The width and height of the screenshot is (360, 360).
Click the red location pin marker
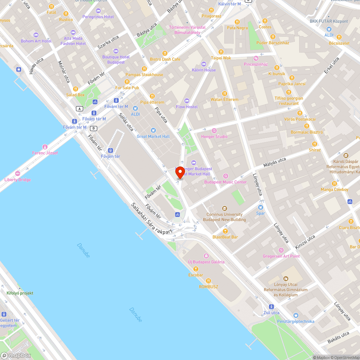tap(180, 172)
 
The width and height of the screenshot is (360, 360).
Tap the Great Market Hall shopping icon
tap(153, 130)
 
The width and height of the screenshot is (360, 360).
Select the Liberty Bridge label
tap(18, 180)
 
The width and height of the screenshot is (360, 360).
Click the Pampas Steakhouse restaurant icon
tap(144, 68)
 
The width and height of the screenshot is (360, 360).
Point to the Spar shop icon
tap(261, 207)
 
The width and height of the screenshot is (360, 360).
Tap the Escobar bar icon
tap(195, 269)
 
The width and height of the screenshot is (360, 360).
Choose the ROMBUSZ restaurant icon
tap(208, 281)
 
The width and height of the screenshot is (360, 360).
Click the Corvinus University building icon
tap(225, 208)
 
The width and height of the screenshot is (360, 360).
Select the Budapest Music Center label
tap(225, 182)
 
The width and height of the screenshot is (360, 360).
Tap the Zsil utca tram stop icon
tap(271, 307)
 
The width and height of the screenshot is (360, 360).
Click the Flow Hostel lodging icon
tap(186, 101)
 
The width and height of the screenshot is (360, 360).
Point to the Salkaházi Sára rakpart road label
tap(152, 220)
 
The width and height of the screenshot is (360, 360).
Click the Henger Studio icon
tap(214, 131)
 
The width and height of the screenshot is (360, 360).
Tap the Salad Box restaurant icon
tap(75, 89)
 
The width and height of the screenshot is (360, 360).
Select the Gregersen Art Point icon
tap(281, 250)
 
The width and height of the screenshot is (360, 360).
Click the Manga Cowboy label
tap(334, 189)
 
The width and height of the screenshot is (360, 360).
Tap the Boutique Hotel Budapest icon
tap(116, 51)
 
